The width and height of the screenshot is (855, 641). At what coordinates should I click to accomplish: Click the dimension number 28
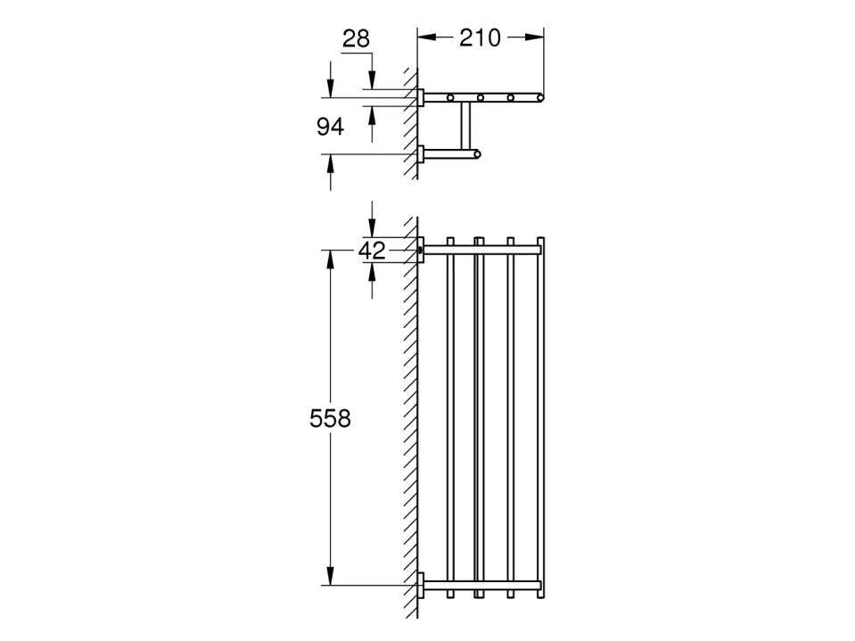(x=356, y=38)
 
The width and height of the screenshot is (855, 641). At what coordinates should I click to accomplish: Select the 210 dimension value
(x=480, y=37)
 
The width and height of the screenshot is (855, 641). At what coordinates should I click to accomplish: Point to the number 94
(x=331, y=127)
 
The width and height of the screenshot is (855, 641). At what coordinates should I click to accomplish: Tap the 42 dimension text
(x=372, y=251)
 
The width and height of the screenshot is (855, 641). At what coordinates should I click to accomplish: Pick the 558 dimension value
(x=330, y=419)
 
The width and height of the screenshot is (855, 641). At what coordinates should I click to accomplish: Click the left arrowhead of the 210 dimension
(x=427, y=37)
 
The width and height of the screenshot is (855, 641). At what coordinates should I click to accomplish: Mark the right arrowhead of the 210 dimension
(x=534, y=37)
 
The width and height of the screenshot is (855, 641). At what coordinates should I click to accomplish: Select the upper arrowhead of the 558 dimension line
(x=330, y=259)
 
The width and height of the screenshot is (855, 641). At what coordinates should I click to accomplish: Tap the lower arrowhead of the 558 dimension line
(x=330, y=576)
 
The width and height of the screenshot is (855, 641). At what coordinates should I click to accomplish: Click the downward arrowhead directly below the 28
(x=372, y=79)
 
